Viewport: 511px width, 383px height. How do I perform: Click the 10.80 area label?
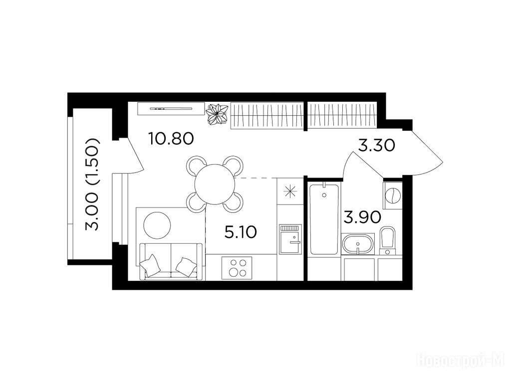point(171,139)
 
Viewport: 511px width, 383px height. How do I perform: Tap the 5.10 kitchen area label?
point(241,232)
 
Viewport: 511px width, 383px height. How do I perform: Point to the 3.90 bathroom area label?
point(362,217)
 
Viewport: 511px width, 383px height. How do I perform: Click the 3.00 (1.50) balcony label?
point(92,185)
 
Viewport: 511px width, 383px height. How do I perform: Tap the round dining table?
point(215,185)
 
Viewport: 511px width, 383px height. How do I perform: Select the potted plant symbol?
point(217,114)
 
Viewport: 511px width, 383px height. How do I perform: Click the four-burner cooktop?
point(237,268)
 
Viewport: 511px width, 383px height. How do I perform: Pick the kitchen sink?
point(290,239)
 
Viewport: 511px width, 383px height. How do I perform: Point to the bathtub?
point(324,219)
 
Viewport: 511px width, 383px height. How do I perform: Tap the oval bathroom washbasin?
point(358,244)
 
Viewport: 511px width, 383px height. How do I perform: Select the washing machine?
point(393,195)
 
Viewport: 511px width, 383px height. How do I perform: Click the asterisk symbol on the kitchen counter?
point(290,191)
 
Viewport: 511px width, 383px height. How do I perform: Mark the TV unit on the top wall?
point(171,109)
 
